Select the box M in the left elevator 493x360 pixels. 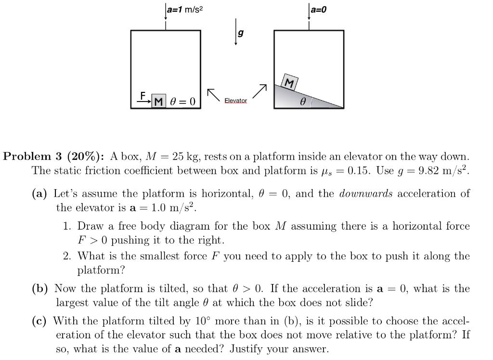159,101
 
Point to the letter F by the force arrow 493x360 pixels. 143,95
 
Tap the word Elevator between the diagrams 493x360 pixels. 236,101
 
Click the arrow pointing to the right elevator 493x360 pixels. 259,90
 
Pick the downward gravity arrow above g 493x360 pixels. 235,31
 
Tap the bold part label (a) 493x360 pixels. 39,194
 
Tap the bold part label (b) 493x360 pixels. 40,289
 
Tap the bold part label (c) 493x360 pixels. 39,321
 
